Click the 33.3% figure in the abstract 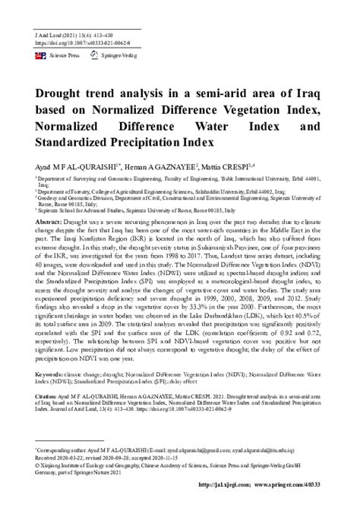(x=213, y=308)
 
